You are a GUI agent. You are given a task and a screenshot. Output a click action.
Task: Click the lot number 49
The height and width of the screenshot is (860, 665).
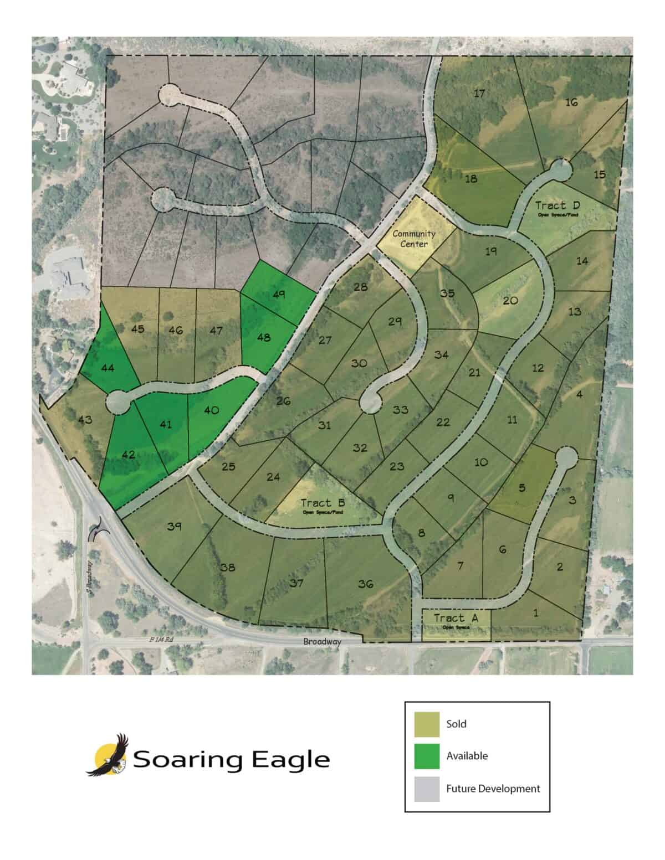279,295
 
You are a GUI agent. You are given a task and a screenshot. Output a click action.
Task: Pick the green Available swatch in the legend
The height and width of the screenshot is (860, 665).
427,756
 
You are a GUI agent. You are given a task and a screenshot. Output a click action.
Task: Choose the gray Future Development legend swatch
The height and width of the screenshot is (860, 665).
427,789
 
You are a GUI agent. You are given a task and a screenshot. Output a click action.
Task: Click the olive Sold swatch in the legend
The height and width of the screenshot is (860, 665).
427,724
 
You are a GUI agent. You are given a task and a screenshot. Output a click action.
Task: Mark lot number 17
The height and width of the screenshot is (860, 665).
479,93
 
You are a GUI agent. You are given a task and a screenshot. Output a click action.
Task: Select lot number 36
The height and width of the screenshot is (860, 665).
365,584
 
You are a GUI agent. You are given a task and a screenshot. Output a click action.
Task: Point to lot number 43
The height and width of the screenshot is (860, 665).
85,420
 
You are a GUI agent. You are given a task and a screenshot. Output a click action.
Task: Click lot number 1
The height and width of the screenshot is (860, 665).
535,613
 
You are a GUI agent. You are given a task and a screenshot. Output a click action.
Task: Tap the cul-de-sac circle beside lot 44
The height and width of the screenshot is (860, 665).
119,401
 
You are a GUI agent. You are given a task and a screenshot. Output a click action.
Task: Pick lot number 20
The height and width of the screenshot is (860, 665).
510,301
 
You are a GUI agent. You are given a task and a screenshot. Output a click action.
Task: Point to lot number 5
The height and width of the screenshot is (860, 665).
521,488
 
